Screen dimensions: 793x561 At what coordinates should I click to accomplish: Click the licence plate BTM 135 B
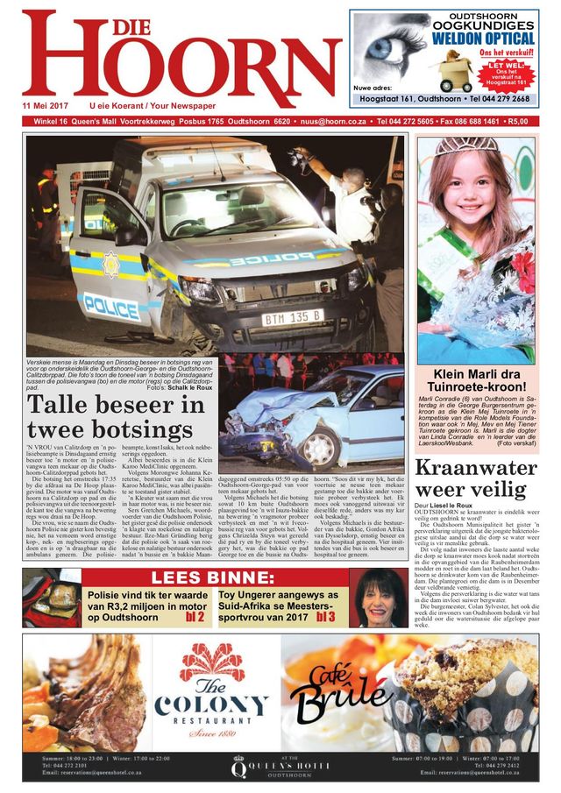point(293,317)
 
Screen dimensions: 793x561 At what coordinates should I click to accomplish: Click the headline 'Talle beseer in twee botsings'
point(116,418)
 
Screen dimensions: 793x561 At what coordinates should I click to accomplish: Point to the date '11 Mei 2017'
point(46,105)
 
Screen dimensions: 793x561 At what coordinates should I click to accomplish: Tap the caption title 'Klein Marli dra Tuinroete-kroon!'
point(475,381)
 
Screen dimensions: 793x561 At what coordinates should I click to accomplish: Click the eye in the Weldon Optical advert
point(384,46)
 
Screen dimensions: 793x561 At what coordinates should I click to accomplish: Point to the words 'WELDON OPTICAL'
point(482,39)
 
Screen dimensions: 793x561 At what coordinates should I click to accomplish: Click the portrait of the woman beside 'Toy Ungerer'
point(379,598)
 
